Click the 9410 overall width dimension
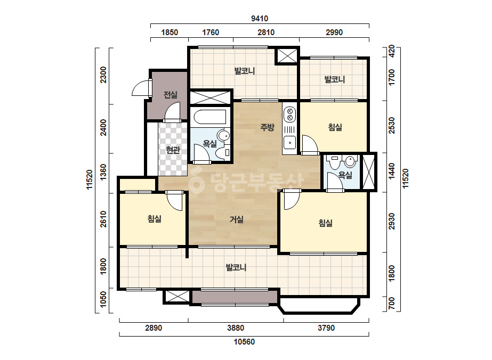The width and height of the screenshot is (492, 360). pyautogui.click(x=260, y=19)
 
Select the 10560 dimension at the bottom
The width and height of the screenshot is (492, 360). pyautogui.click(x=244, y=342)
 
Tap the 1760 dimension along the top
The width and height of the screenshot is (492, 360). pyautogui.click(x=211, y=32)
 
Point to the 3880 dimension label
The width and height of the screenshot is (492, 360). pyautogui.click(x=236, y=328)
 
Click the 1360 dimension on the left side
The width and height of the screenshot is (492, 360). pyautogui.click(x=103, y=173)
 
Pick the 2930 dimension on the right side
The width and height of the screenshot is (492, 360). pyautogui.click(x=391, y=222)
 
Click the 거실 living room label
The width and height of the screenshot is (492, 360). pyautogui.click(x=237, y=219)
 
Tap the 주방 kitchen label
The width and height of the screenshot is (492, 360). pyautogui.click(x=268, y=127)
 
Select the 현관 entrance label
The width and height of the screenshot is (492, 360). pyautogui.click(x=173, y=150)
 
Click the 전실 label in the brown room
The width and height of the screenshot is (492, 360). pyautogui.click(x=171, y=94)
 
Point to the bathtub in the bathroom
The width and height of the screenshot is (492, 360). pyautogui.click(x=210, y=117)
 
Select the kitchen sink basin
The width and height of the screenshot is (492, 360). pyautogui.click(x=289, y=142)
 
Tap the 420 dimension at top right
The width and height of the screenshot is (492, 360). pyautogui.click(x=391, y=52)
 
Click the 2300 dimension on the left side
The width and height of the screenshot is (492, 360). pyautogui.click(x=103, y=75)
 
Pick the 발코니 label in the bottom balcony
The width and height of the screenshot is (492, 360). pyautogui.click(x=236, y=267)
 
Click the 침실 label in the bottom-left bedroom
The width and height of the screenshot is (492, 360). pyautogui.click(x=155, y=218)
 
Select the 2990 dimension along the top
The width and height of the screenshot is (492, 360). pyautogui.click(x=334, y=32)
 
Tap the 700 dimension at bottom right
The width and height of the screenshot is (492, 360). pyautogui.click(x=391, y=303)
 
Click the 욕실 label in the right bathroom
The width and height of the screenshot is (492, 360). pyautogui.click(x=345, y=175)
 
